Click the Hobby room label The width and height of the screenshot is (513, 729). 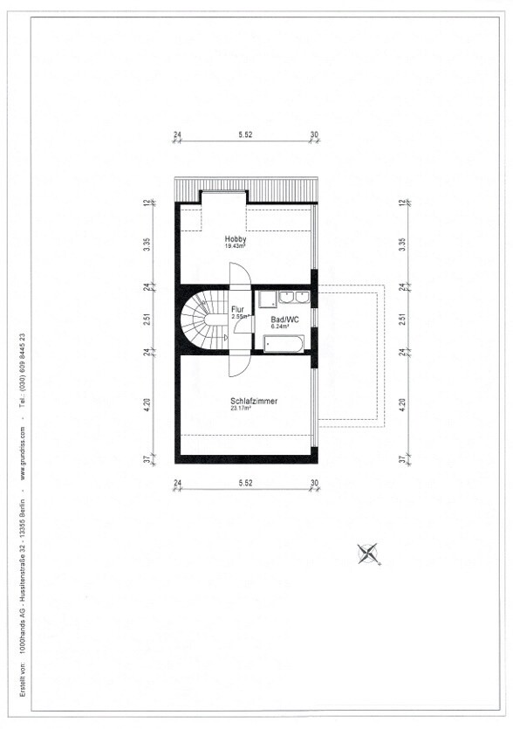236,239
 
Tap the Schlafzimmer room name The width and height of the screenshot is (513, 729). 254,401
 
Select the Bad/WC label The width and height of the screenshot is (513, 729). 284,320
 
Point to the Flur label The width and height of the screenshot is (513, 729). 237,310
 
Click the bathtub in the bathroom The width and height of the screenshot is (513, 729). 284,344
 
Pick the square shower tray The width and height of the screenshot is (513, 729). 268,299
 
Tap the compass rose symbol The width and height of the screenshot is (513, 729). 368,554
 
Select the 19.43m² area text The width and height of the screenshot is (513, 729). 236,246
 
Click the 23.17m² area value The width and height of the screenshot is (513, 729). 241,409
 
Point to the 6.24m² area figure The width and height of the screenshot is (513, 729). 280,327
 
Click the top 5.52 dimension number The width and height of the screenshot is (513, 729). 245,134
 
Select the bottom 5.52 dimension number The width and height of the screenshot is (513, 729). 245,483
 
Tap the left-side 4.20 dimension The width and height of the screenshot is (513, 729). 147,403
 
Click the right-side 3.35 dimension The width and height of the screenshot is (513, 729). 402,244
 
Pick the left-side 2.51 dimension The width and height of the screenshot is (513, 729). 147,320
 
